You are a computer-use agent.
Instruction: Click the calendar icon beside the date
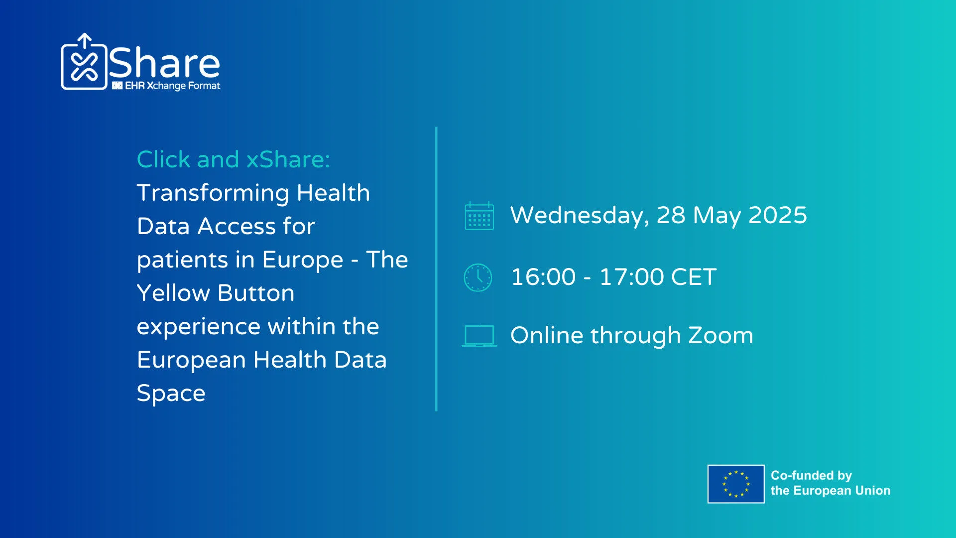(479, 216)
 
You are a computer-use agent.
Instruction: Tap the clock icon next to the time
(478, 277)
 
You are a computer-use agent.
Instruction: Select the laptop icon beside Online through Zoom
(479, 336)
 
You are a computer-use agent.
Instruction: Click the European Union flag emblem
(736, 484)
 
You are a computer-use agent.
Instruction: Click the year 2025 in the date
(778, 215)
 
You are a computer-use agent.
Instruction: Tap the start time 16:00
(543, 277)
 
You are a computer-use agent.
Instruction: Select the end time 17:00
(631, 277)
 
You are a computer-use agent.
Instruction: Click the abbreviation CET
(694, 277)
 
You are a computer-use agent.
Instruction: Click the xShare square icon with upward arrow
(84, 62)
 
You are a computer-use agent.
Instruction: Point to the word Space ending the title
(171, 394)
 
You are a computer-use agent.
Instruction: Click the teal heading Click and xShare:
(233, 159)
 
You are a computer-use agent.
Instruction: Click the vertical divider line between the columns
(436, 269)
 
